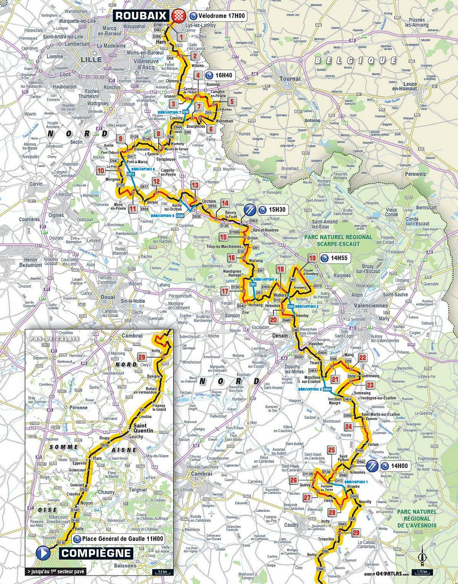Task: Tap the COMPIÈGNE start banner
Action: (97, 553)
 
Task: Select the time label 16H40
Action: (223, 75)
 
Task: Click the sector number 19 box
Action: (312, 258)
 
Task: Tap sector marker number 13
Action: (195, 185)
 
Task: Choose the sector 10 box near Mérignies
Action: (101, 171)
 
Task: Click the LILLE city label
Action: (91, 59)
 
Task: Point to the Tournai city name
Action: (290, 79)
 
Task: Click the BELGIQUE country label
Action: (355, 60)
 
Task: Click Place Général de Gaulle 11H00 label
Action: (122, 539)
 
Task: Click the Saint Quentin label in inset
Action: (143, 428)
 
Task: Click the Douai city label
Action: (108, 297)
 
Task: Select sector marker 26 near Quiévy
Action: (294, 480)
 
